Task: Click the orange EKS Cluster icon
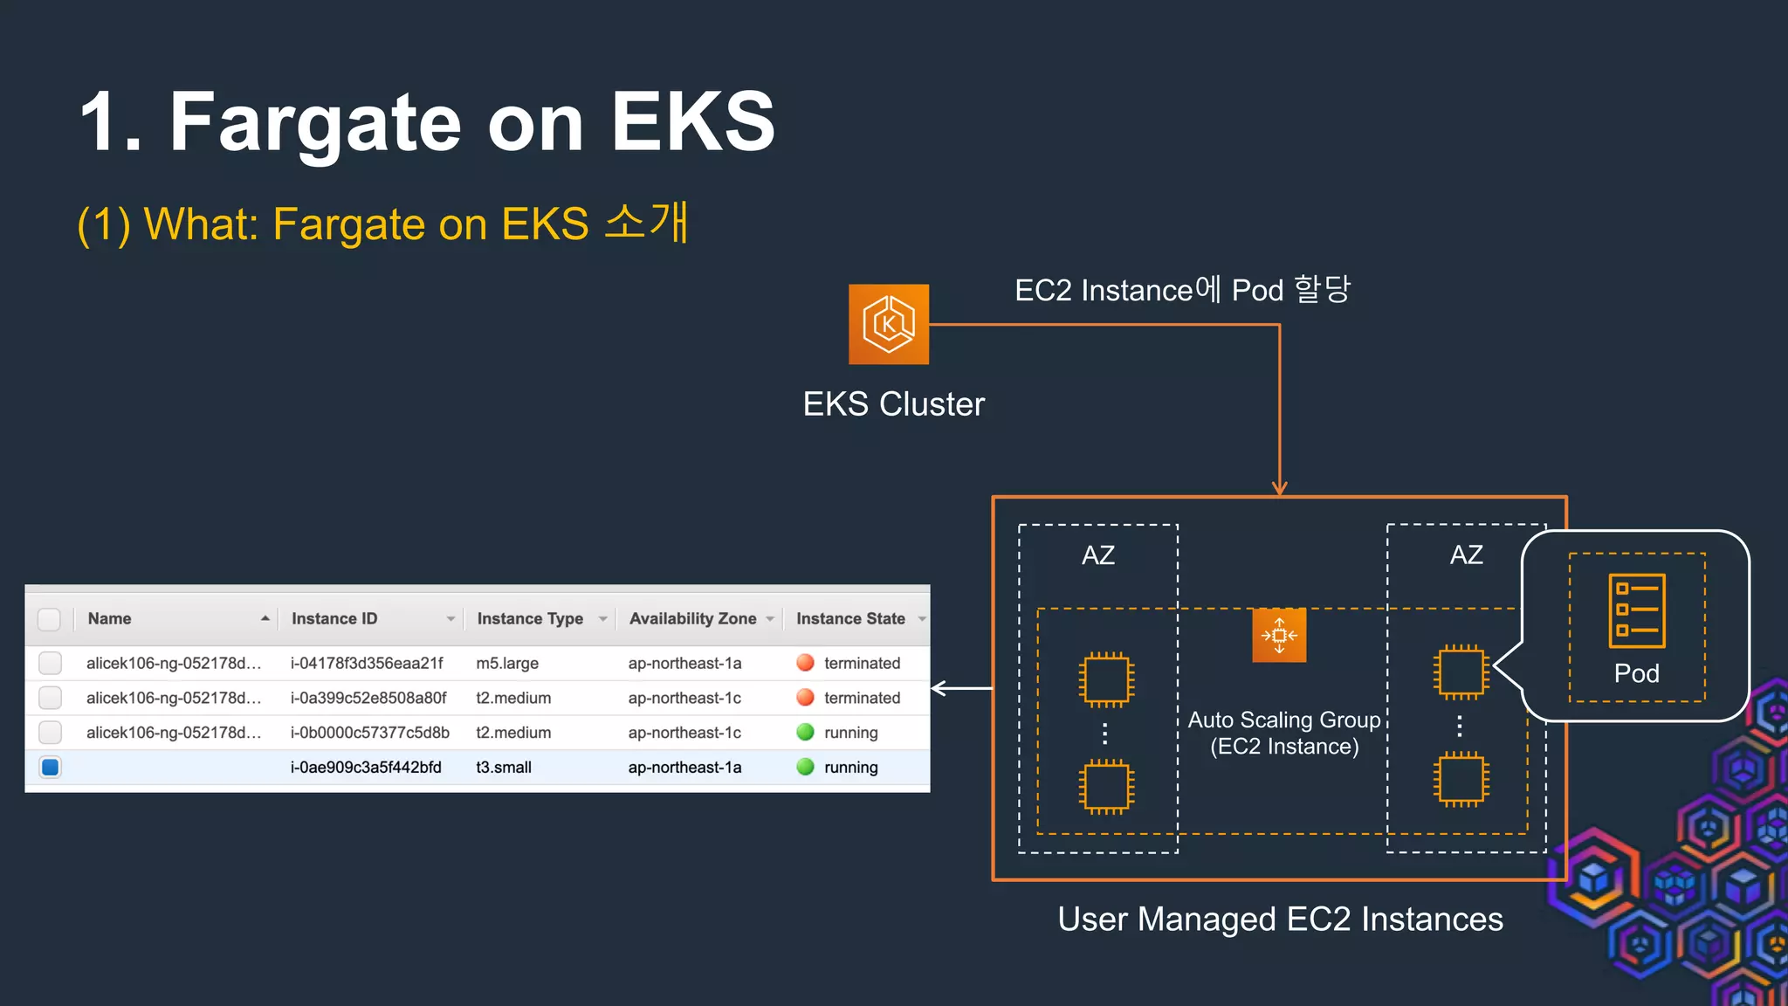coord(889,324)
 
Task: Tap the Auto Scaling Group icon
coord(1279,635)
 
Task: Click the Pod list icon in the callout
coord(1636,610)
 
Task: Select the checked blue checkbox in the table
coord(51,768)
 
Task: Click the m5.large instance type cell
coord(507,664)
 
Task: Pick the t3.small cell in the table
coord(504,768)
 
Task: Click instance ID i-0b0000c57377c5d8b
coord(370,733)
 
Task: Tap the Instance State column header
coord(850,618)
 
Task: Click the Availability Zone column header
coord(692,618)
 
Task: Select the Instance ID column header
coord(334,618)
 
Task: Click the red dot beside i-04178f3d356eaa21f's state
coord(805,663)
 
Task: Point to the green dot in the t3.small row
coord(805,767)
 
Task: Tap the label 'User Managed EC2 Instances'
coord(1280,920)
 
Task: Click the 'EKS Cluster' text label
coord(893,404)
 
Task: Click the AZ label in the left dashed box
coord(1098,555)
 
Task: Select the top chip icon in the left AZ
coord(1106,679)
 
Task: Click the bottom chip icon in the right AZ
coord(1461,779)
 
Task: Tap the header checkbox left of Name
coord(50,619)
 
